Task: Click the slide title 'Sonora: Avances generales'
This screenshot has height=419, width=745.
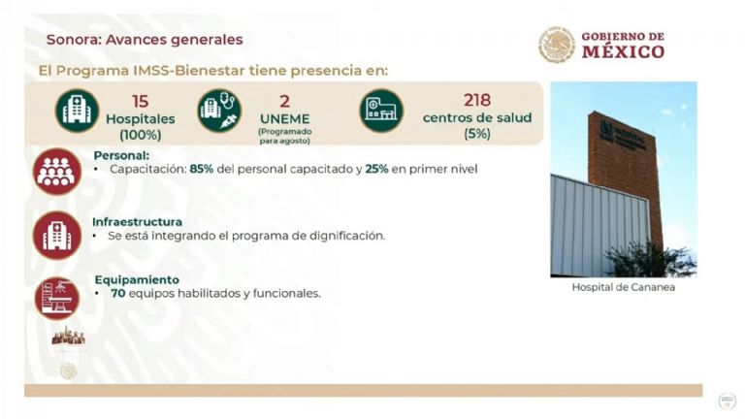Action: (x=145, y=40)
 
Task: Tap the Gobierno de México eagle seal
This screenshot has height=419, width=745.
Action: (x=556, y=45)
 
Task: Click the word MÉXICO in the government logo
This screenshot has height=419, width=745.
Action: (x=623, y=52)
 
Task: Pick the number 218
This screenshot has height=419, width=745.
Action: (x=477, y=100)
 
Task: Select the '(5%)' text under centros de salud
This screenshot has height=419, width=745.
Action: (x=477, y=133)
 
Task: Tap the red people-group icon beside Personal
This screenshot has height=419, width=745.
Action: (x=57, y=173)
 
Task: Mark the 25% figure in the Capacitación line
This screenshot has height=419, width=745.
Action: (x=378, y=169)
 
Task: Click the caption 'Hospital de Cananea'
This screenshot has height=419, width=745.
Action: (x=623, y=288)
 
